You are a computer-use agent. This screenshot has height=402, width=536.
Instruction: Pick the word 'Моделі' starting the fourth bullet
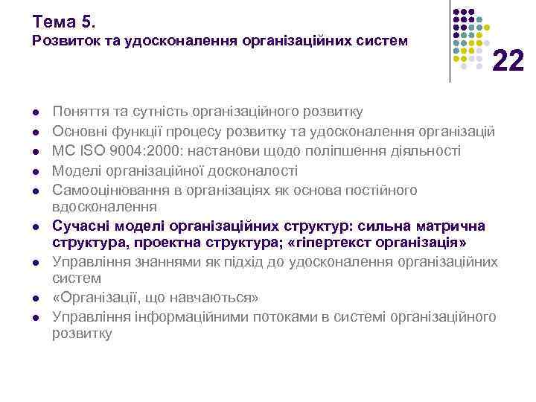74,171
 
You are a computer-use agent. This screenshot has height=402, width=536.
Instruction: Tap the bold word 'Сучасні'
78,226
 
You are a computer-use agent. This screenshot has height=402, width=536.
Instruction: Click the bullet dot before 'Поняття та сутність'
36,113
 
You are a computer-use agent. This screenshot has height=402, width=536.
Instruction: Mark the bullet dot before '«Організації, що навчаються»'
36,299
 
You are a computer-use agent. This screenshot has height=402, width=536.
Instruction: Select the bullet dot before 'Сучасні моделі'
36,226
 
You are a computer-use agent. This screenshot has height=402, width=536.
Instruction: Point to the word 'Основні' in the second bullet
77,132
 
